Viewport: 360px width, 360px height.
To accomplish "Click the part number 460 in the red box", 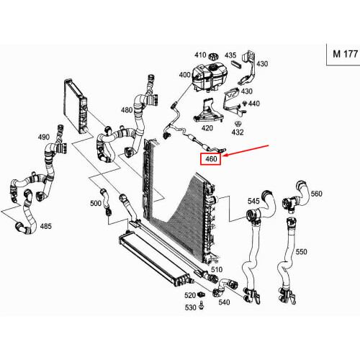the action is coord(211,159).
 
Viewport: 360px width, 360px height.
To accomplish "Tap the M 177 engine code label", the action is coord(345,54).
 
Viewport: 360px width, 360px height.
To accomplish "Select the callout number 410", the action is coord(200,55).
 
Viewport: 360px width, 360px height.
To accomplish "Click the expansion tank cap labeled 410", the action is coord(213,57).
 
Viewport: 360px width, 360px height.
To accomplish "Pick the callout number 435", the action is coord(230,55).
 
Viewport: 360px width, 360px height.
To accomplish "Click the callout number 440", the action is coord(254,104).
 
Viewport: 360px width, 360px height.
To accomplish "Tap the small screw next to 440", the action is coord(245,104).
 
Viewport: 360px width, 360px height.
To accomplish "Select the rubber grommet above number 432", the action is coord(238,125).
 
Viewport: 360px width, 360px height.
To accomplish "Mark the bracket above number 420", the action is coord(208,111).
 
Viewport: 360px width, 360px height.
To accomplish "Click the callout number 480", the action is coord(127,110).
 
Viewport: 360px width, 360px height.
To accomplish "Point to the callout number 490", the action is coord(44,137).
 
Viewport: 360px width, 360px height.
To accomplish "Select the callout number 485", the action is coord(45,226).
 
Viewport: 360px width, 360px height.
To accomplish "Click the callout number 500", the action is coord(96,203).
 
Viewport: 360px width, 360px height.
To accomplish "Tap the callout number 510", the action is coord(217,269).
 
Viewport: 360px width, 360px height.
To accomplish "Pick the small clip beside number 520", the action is coord(201,294).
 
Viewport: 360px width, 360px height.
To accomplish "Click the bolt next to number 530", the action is coord(202,306).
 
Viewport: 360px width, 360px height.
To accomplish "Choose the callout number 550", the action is coord(301,252).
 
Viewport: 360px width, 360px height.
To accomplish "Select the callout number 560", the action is coord(316,194).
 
